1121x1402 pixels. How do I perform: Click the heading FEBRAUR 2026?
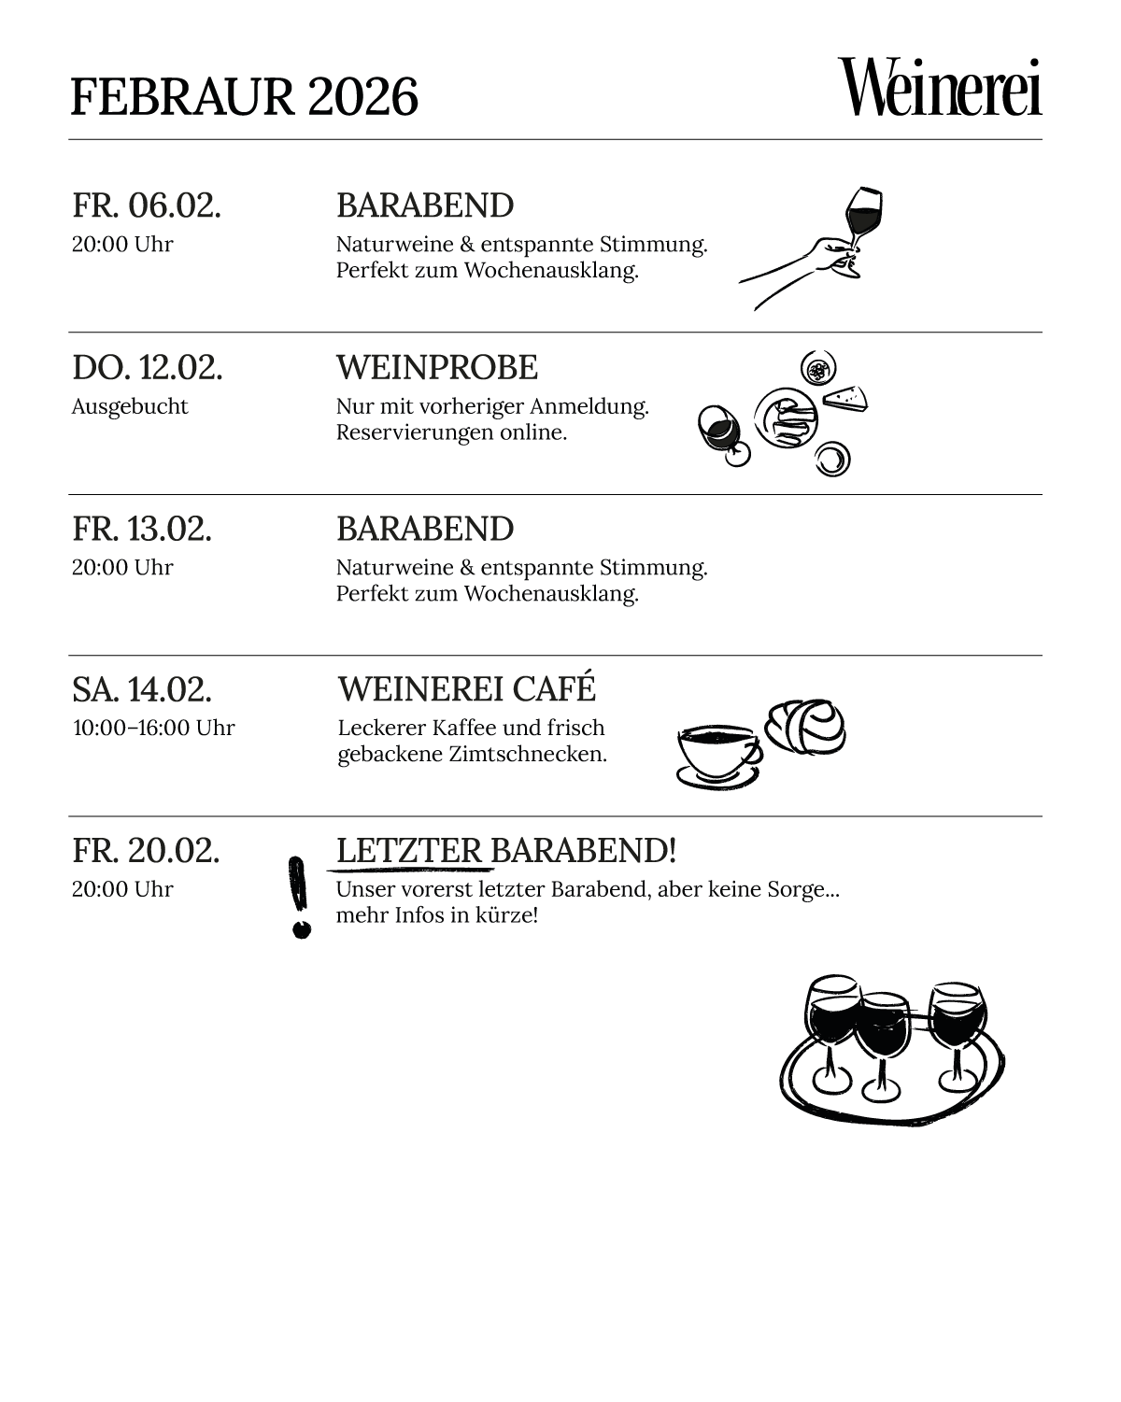[x=244, y=97]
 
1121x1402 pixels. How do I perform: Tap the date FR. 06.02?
[x=147, y=205]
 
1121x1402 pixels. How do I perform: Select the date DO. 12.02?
[x=148, y=368]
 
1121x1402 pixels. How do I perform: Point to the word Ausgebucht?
[x=130, y=406]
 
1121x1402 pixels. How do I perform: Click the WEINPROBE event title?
[x=436, y=368]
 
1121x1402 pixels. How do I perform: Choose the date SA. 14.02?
[x=142, y=690]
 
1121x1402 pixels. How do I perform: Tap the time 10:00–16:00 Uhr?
[x=154, y=728]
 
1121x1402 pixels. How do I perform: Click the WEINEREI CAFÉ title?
[x=466, y=689]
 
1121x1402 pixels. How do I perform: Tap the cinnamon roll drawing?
[x=806, y=726]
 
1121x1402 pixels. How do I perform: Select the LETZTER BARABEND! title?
[x=505, y=851]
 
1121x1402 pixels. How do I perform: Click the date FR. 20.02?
[x=146, y=851]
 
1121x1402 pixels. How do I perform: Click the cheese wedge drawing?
[x=846, y=398]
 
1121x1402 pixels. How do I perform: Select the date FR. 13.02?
[x=142, y=529]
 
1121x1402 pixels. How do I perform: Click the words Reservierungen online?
[x=451, y=432]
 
